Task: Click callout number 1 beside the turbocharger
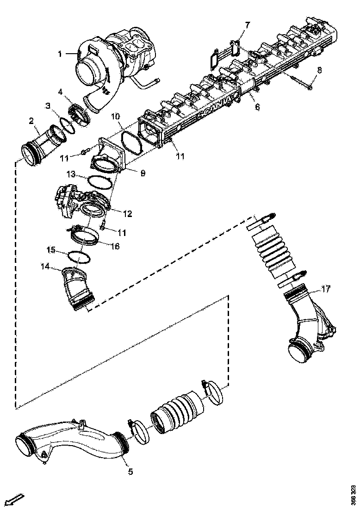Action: coord(60,54)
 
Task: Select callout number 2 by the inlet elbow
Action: coord(31,121)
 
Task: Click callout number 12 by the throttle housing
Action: coord(127,214)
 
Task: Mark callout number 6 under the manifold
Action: coord(257,107)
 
